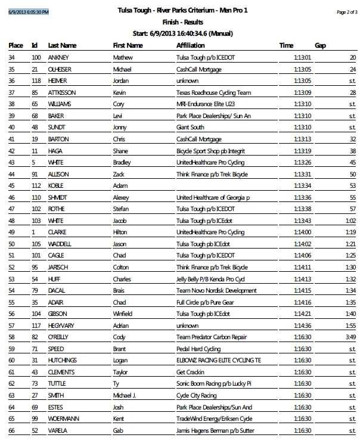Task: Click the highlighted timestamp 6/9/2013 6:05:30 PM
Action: coord(29,12)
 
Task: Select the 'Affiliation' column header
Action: coord(190,45)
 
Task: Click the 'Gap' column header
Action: coord(320,45)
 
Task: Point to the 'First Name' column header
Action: coord(128,45)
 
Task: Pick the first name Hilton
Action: coord(121,232)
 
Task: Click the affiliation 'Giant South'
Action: coord(191,127)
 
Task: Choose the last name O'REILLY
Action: coord(61,337)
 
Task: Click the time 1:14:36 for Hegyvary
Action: coord(303,325)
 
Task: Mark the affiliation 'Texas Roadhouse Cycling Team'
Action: coord(213,92)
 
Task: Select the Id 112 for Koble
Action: coord(37,185)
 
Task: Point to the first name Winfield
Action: coord(123,313)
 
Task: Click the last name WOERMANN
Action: coord(65,418)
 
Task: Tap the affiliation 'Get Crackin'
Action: coord(193,371)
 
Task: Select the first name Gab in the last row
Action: coord(118,430)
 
